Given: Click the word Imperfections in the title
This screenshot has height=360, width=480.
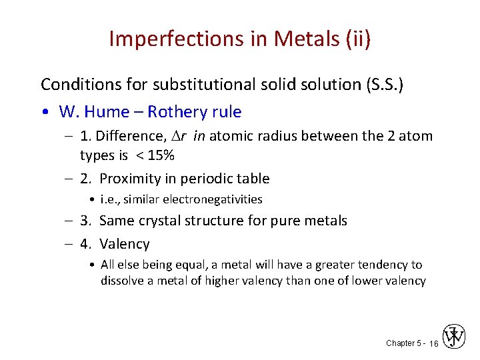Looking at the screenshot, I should click(x=169, y=39).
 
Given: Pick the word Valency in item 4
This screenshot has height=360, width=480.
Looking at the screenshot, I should click(x=125, y=244).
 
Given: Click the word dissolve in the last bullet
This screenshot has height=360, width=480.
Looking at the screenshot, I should click(x=122, y=281).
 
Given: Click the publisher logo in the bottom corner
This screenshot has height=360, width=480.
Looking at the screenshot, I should click(x=454, y=337).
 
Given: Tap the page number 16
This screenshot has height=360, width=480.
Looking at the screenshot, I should click(x=433, y=343).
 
